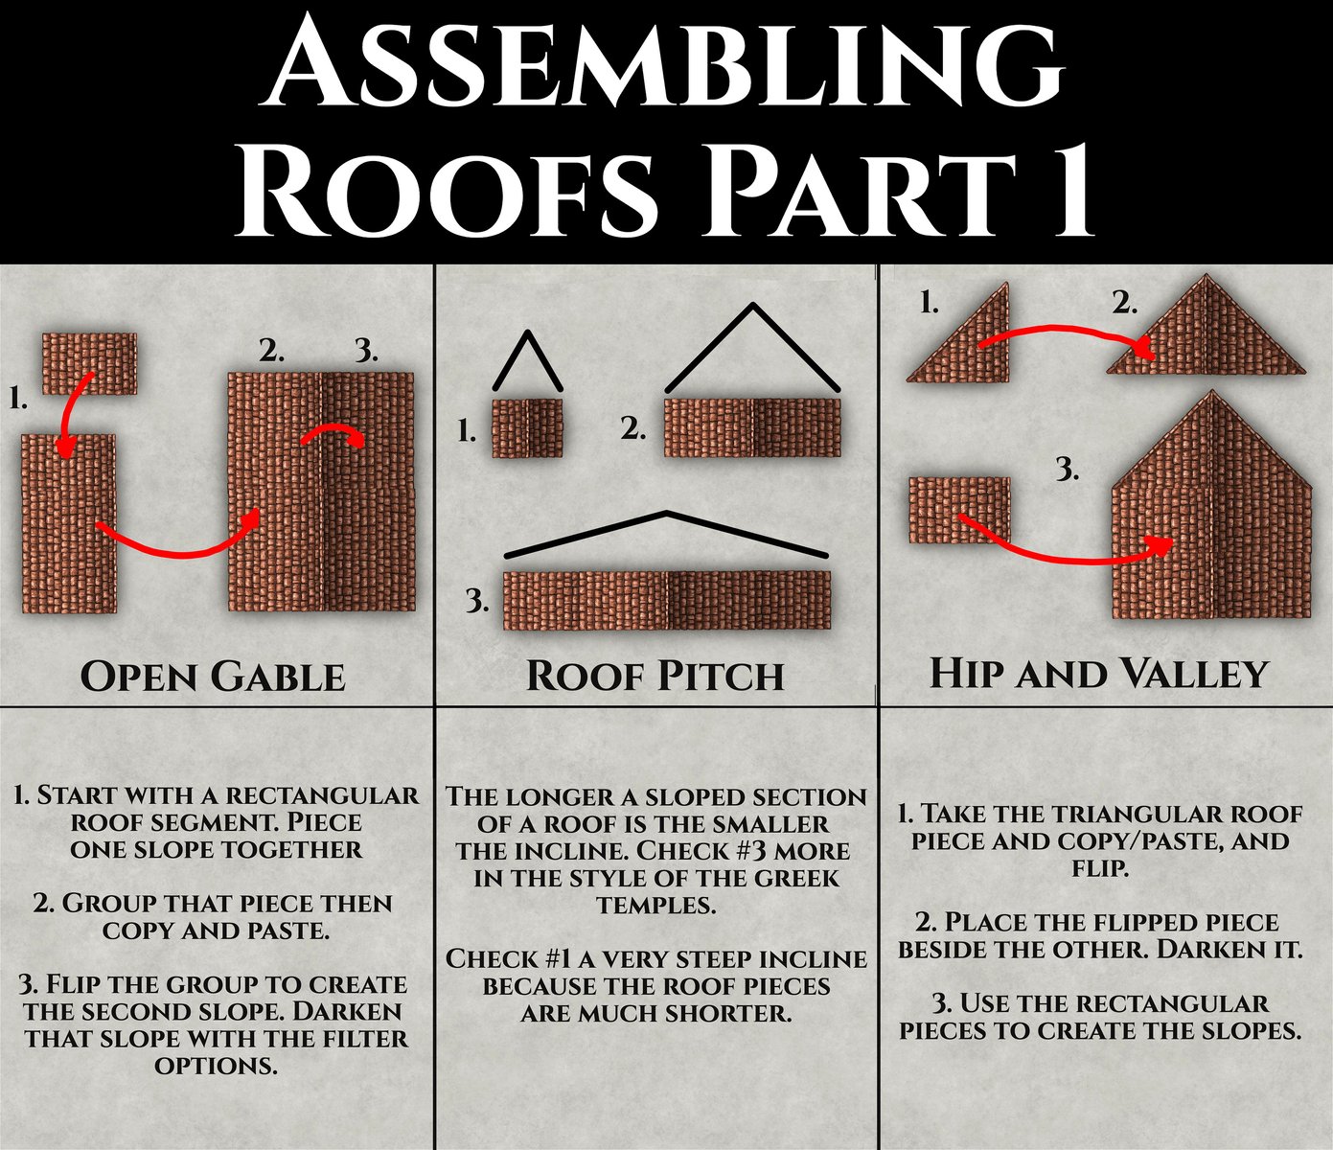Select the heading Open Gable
click(x=213, y=677)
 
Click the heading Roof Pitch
click(x=655, y=677)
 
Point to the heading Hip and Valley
click(x=1099, y=674)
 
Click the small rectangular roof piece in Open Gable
click(x=89, y=362)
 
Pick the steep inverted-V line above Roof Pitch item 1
click(x=527, y=360)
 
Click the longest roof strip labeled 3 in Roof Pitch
click(x=667, y=601)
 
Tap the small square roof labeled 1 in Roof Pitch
click(x=527, y=428)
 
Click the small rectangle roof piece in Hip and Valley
click(x=958, y=510)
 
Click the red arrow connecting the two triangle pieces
click(x=1064, y=335)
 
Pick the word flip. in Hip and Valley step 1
click(x=1099, y=868)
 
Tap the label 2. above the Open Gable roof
click(x=272, y=351)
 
